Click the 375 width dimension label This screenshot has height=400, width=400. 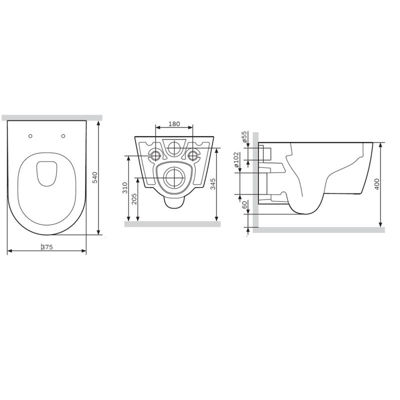47,247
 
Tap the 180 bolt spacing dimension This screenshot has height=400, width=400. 174,124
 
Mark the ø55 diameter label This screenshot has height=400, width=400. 244,136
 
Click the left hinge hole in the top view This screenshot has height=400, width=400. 31,136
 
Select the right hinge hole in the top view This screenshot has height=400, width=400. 63,136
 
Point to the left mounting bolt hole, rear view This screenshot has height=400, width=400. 155,155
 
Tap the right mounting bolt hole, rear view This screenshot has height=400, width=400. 193,155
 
